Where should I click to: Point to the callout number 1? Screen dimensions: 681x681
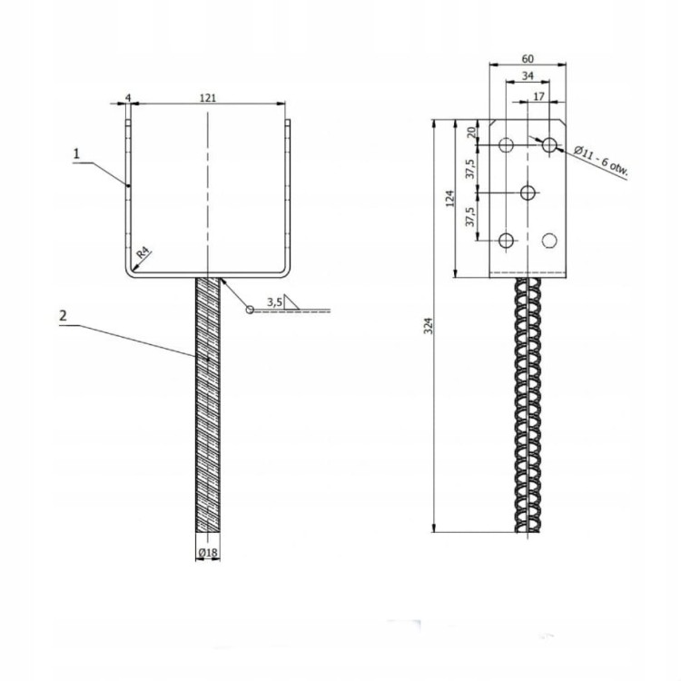point(77,154)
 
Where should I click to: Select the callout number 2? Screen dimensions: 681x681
point(62,316)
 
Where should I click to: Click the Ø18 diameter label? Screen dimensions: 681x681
point(208,551)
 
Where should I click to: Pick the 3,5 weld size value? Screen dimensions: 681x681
point(275,301)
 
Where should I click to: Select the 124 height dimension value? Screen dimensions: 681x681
point(451,197)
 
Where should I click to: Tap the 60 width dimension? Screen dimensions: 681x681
point(527,58)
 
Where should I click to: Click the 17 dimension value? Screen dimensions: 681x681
point(539,94)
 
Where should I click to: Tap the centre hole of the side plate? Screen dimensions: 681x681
point(528,192)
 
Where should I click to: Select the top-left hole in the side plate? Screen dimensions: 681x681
point(507,144)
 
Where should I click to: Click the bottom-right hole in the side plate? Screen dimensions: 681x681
point(549,240)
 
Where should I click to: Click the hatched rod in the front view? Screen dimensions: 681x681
point(208,409)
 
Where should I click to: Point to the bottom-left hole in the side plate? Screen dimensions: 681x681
point(507,240)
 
